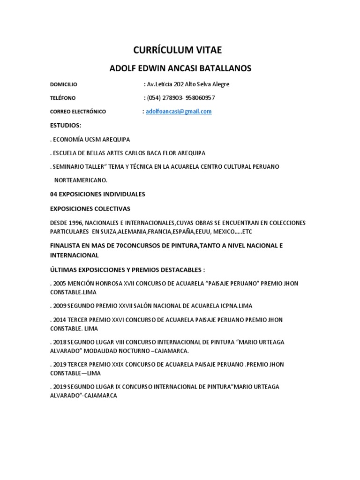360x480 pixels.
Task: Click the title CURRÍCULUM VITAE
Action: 180,51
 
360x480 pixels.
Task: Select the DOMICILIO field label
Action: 63,84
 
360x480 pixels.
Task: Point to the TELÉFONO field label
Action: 63,98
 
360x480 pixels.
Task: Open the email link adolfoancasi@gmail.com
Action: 179,112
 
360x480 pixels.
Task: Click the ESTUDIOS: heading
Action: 66,126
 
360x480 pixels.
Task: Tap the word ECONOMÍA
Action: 68,140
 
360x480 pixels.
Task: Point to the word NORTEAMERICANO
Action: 81,180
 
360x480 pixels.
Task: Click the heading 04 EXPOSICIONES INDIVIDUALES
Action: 97,194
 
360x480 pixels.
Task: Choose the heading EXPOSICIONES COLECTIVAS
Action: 90,208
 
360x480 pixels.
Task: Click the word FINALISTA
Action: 65,246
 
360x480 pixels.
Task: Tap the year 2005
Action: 60,284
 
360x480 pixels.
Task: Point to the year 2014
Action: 60,320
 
